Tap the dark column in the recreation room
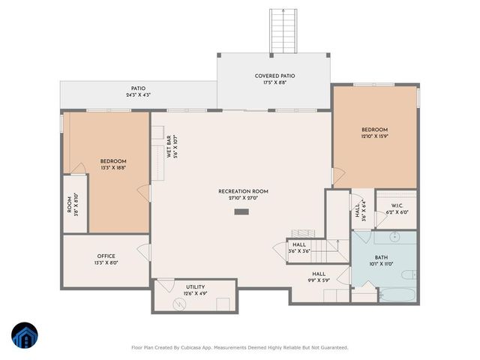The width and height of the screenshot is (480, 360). [x=241, y=212]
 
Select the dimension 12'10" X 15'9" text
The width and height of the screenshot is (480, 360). [x=374, y=136]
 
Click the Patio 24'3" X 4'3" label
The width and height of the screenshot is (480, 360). [x=137, y=91]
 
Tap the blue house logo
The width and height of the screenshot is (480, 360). [x=26, y=336]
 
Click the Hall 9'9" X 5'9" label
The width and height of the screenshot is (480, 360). [x=318, y=277]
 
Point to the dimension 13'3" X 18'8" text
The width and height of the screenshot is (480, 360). [x=113, y=168]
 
